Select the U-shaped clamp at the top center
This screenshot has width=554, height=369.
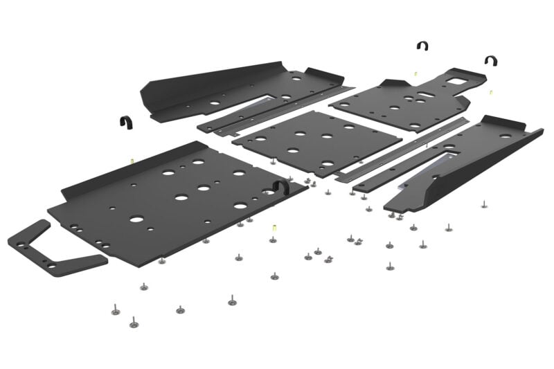(x=422, y=46)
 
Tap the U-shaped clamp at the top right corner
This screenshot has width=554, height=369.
(x=490, y=61)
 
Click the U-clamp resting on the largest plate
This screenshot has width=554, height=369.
(x=280, y=186)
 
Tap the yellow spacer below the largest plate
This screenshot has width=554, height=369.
(x=274, y=228)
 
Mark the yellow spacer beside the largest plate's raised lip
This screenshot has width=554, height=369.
(x=132, y=161)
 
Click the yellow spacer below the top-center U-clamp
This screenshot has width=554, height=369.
(x=415, y=73)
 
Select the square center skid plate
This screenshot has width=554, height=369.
(x=316, y=141)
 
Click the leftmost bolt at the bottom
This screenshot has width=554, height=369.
(x=115, y=310)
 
